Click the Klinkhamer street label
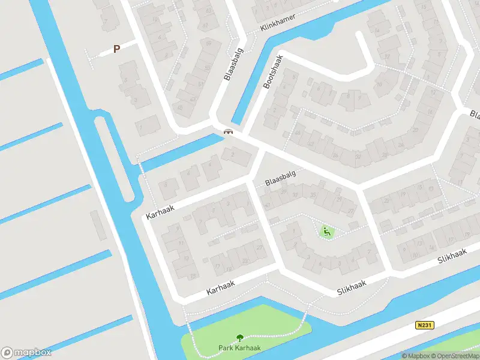pyautogui.click(x=278, y=23)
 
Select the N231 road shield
pyautogui.click(x=423, y=325)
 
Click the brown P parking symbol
pyautogui.click(x=116, y=49)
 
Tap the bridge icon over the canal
pyautogui.click(x=228, y=132)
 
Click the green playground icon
pyautogui.click(x=326, y=232)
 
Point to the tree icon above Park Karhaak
pyautogui.click(x=240, y=338)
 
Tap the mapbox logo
pyautogui.click(x=26, y=352)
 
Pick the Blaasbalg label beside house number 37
pyautogui.click(x=280, y=176)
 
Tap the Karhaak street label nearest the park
pyautogui.click(x=220, y=287)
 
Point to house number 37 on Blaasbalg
pyautogui.click(x=295, y=194)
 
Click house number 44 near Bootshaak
pyautogui.click(x=297, y=133)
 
